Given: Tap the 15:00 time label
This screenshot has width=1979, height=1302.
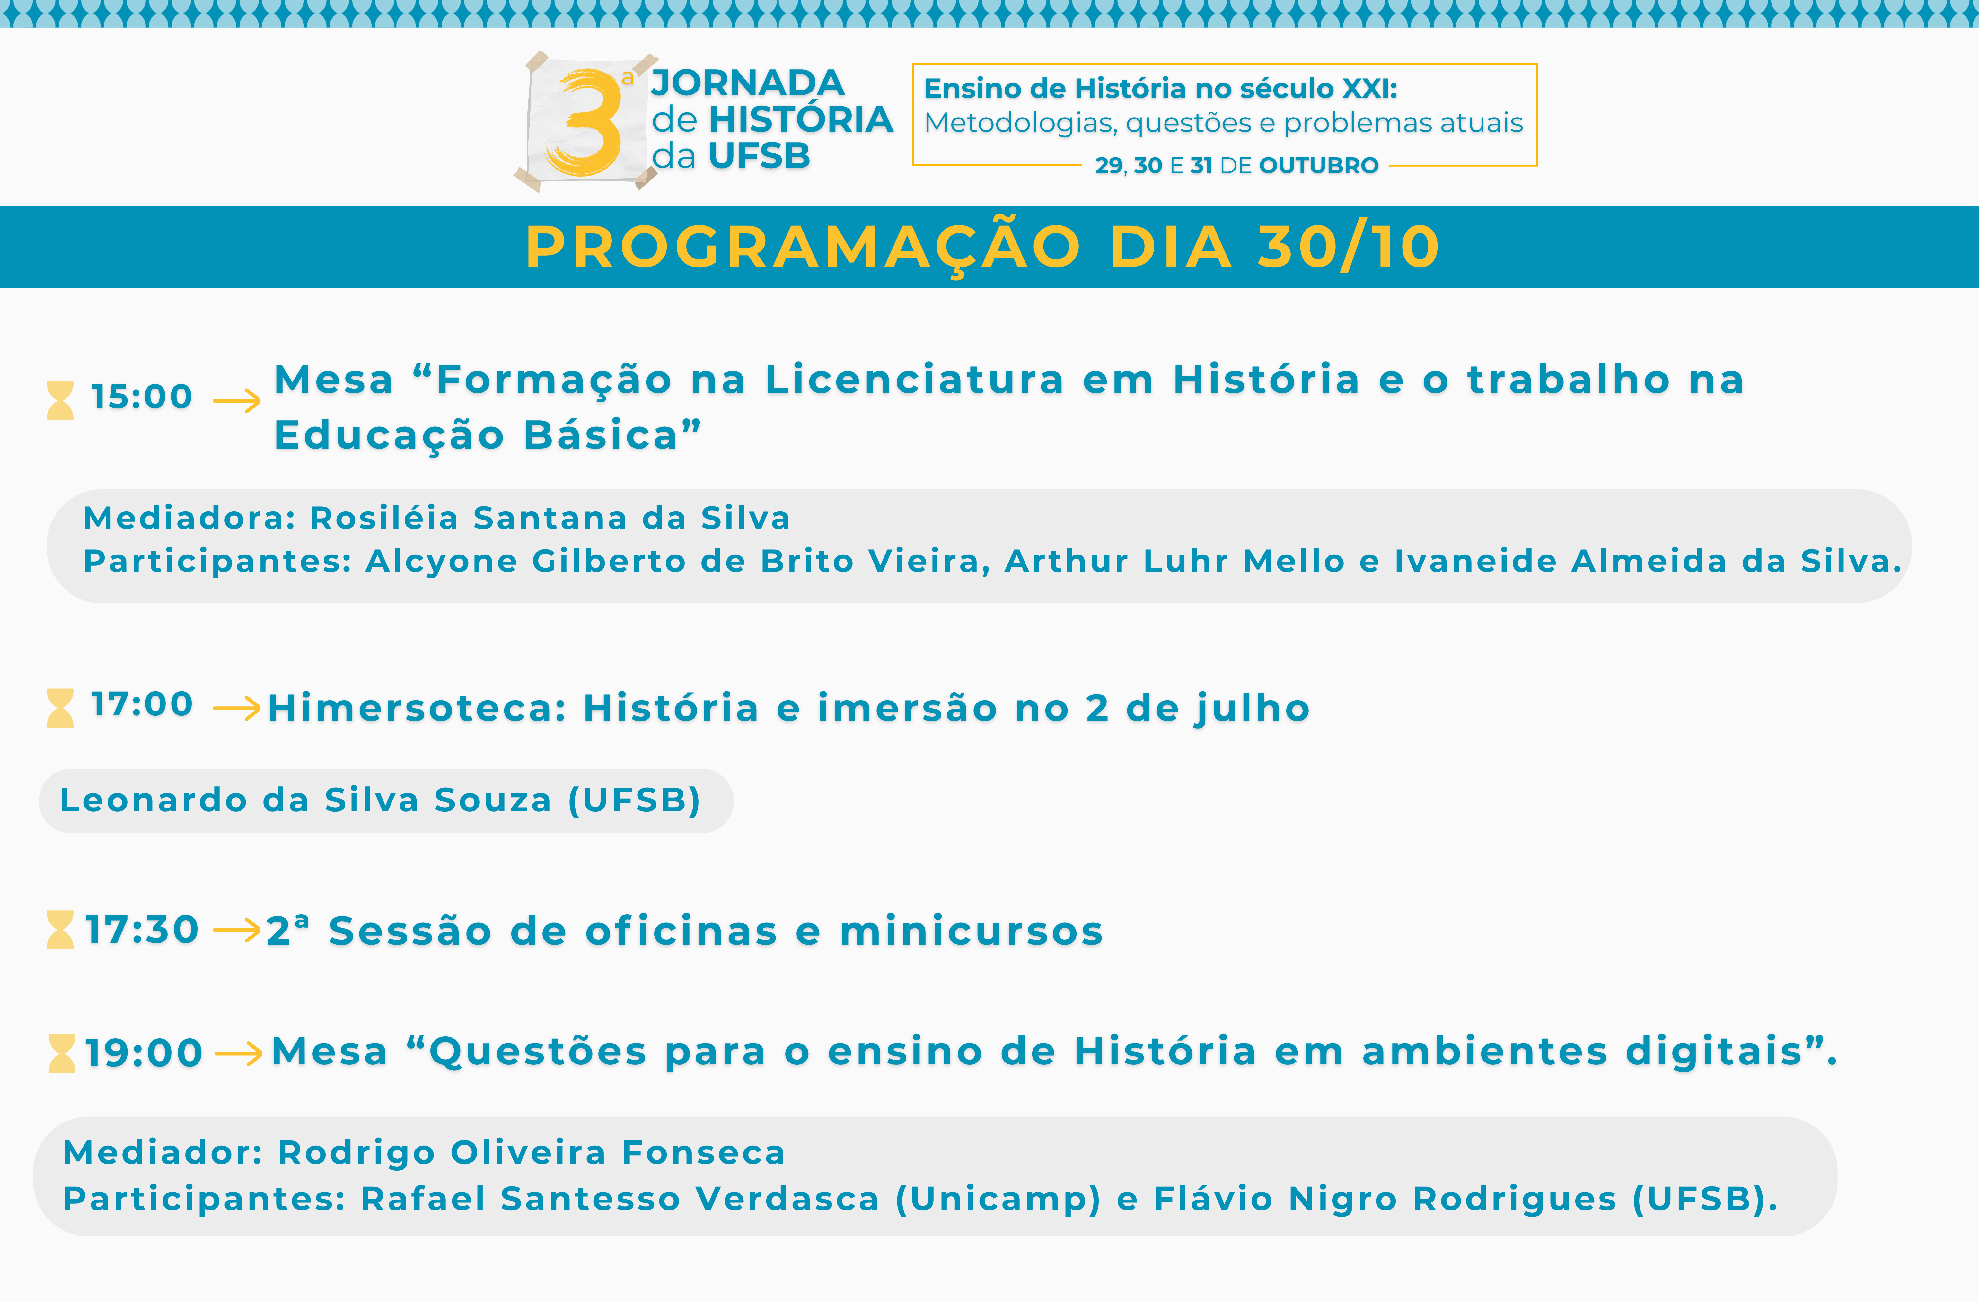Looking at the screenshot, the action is tap(142, 397).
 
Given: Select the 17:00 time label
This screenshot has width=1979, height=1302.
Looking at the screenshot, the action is tap(142, 704).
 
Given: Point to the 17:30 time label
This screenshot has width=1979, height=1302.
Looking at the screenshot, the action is tap(142, 930).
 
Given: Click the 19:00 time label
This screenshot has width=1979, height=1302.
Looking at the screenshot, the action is tap(144, 1053).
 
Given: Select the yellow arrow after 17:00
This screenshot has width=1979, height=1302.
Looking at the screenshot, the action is tap(237, 708).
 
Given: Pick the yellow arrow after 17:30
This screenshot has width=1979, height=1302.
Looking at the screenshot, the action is tap(237, 931).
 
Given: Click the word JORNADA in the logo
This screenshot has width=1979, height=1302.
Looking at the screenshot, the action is tap(748, 83).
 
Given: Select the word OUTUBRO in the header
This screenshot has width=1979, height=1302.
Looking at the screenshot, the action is tap(1319, 165).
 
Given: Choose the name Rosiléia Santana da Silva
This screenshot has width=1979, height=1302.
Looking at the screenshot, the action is tap(550, 518).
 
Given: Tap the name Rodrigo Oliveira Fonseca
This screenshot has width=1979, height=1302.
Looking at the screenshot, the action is tap(531, 1152).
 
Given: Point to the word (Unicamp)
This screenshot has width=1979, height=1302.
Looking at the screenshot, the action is tap(998, 1199).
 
